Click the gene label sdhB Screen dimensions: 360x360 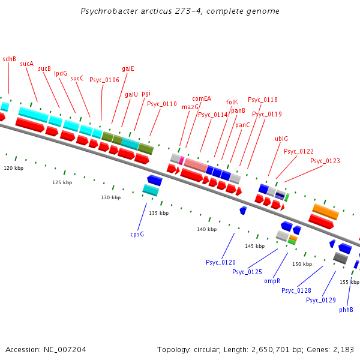9,59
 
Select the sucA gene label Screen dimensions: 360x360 26,63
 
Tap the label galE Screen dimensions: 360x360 128,68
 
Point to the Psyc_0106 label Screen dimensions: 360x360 104,79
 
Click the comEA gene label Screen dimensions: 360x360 202,98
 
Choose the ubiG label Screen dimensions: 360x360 281,139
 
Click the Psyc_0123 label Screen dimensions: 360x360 325,161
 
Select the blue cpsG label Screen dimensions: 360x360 137,234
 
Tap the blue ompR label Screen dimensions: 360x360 272,281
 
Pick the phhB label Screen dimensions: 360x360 346,310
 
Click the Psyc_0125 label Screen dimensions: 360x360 247,272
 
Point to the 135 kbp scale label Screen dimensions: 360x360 159,213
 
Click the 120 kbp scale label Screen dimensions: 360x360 13,168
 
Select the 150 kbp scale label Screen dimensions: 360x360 302,264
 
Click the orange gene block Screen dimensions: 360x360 326,211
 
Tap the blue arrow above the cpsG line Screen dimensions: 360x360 155,179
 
